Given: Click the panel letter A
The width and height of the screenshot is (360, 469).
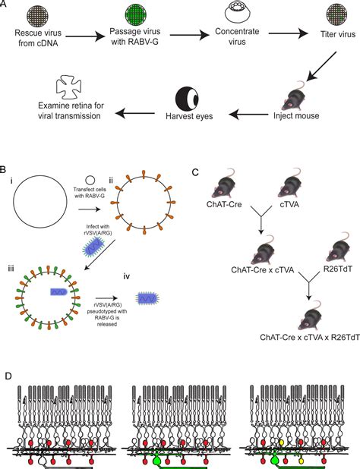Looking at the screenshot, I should click(7, 6).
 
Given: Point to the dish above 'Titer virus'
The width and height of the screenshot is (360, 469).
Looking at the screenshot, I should click(317, 16).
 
